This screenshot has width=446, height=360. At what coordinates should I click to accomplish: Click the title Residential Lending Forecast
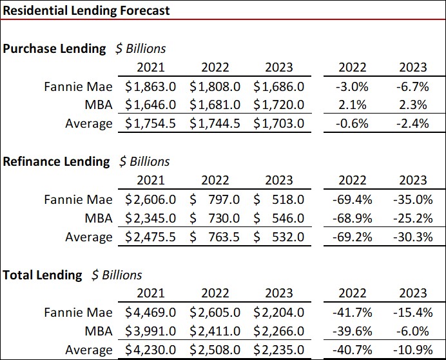pyautogui.click(x=86, y=10)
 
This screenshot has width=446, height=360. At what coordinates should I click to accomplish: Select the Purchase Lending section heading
pyautogui.click(x=54, y=48)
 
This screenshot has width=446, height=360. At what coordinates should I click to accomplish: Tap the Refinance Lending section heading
pyautogui.click(x=56, y=161)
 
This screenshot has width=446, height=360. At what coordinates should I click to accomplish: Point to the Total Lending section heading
pyautogui.click(x=43, y=275)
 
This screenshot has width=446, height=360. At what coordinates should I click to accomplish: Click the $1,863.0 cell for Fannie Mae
pyautogui.click(x=151, y=86)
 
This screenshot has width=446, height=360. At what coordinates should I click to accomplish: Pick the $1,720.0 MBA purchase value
pyautogui.click(x=278, y=105)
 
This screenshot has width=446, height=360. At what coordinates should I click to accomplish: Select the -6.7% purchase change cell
pyautogui.click(x=412, y=86)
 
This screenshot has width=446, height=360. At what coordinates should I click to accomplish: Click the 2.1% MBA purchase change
pyautogui.click(x=353, y=105)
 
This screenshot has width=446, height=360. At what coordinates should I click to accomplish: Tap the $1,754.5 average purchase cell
pyautogui.click(x=151, y=123)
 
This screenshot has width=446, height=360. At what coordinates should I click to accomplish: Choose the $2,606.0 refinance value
pyautogui.click(x=151, y=199)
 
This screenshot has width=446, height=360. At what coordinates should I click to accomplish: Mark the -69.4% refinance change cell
pyautogui.click(x=352, y=199)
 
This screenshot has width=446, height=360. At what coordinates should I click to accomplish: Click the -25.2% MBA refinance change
pyautogui.click(x=412, y=218)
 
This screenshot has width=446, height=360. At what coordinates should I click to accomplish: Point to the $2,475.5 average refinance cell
pyautogui.click(x=151, y=237)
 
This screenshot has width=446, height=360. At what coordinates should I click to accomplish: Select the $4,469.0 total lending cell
pyautogui.click(x=151, y=313)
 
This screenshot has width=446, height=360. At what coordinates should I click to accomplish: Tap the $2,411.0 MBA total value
pyautogui.click(x=215, y=332)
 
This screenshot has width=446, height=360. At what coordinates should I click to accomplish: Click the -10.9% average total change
pyautogui.click(x=412, y=350)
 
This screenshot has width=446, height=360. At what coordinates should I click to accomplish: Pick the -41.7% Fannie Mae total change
pyautogui.click(x=352, y=313)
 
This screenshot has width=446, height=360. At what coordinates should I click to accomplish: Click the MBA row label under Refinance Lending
pyautogui.click(x=98, y=218)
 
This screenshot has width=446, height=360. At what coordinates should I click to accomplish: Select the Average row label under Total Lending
pyautogui.click(x=88, y=350)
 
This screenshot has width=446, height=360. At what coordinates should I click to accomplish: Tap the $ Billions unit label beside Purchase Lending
pyautogui.click(x=140, y=48)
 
